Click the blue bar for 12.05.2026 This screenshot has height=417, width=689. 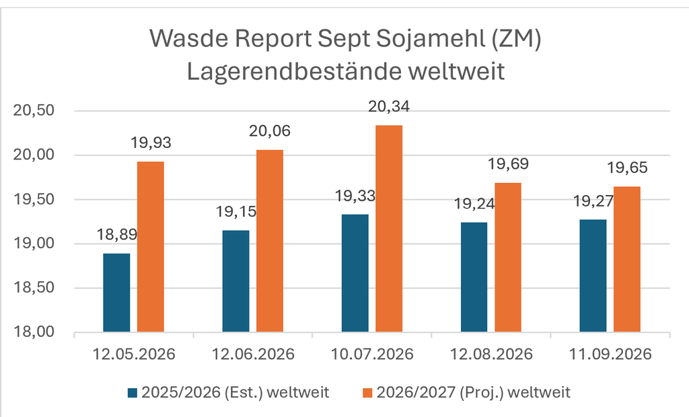pos(116,293)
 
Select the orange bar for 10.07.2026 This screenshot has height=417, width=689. pos(389,229)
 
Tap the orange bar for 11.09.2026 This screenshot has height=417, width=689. pos(627,259)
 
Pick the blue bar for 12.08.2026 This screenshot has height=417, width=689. pos(474,277)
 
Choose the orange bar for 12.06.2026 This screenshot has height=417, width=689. pos(270,241)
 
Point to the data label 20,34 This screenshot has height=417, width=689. pos(389,107)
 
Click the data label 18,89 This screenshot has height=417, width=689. pos(117,235)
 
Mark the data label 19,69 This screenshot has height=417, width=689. pos(509,164)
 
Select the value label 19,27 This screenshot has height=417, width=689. pos(593,201)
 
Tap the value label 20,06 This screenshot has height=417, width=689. pos(270,131)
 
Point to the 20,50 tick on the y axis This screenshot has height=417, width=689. pos(34,110)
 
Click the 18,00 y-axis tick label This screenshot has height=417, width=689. pos(34,332)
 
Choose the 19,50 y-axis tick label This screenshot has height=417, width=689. pos(34,199)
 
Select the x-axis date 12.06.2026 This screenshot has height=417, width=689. pos(253,354)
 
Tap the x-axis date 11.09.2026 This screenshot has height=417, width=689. pos(610,354)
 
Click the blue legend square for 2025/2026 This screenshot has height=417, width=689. pos(133,392)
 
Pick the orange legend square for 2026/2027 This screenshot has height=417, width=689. pos(368,392)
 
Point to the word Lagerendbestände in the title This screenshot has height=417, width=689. pos(294,71)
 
